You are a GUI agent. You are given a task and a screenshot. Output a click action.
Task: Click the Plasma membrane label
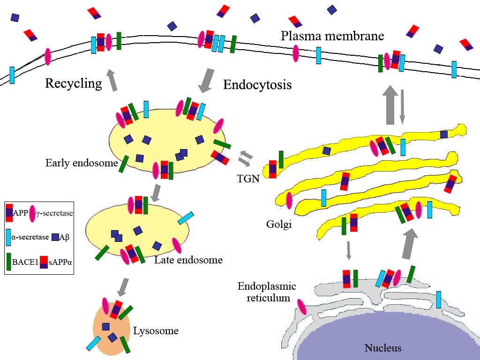332,36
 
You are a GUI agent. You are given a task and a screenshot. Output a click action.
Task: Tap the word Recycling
73,83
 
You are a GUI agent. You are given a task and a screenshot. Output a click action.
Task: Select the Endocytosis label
257,85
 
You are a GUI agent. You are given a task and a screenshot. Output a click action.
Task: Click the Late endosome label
188,259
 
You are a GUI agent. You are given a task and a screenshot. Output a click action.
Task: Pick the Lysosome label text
156,330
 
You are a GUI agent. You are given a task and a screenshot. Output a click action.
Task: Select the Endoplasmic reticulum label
267,292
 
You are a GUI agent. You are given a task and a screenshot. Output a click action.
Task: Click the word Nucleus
383,348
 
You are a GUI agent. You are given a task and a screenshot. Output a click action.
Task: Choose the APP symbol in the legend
9,213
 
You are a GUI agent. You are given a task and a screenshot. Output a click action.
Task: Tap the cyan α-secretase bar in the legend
8,236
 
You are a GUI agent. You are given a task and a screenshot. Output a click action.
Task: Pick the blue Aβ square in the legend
55,237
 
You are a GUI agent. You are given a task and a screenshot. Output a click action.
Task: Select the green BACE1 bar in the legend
8,262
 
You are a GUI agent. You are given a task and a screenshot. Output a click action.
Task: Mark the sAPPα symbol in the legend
44,262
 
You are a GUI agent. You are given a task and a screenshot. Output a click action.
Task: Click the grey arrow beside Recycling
112,80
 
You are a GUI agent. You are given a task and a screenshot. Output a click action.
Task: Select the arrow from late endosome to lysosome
123,287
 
